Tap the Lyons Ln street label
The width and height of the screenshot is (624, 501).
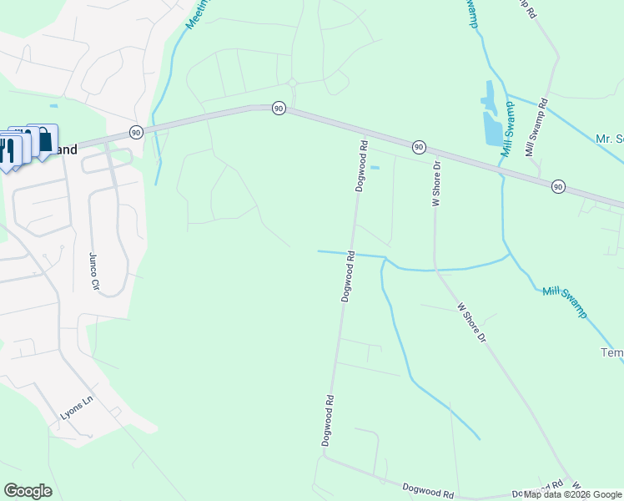pyautogui.click(x=78, y=412)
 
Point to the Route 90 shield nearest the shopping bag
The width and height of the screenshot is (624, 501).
pyautogui.click(x=135, y=132)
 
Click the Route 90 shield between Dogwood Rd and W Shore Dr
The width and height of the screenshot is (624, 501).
pyautogui.click(x=419, y=147)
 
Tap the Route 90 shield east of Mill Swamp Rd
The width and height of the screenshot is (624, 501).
pyautogui.click(x=557, y=186)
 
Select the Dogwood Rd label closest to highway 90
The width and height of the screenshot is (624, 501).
pyautogui.click(x=362, y=166)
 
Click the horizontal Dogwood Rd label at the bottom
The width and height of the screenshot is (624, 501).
pyautogui.click(x=427, y=488)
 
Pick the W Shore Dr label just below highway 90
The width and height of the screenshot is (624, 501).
pyautogui.click(x=435, y=184)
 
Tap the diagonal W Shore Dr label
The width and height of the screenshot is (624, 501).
pyautogui.click(x=471, y=321)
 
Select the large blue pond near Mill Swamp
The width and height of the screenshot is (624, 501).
pyautogui.click(x=493, y=127)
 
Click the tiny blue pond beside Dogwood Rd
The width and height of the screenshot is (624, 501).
pyautogui.click(x=374, y=168)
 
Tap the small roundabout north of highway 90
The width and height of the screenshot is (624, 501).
pyautogui.click(x=292, y=82)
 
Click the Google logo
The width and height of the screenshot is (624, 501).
pyautogui.click(x=28, y=491)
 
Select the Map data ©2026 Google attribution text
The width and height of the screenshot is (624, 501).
pyautogui.click(x=572, y=494)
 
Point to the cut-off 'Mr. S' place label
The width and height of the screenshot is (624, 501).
pyautogui.click(x=609, y=139)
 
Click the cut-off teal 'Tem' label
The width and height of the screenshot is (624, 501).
pyautogui.click(x=611, y=353)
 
